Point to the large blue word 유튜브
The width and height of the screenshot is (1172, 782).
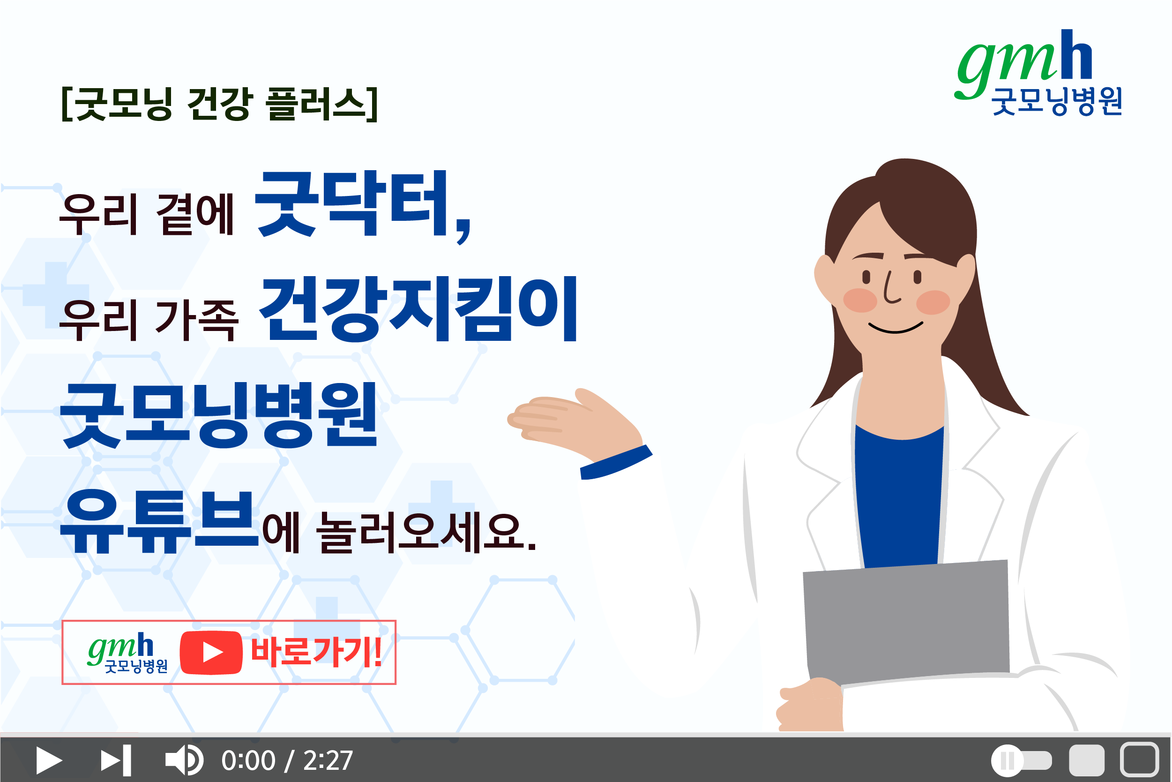(159, 522)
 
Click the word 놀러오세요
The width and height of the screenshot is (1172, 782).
(421, 533)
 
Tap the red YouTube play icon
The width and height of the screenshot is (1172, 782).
(211, 652)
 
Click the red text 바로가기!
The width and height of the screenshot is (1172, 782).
(316, 652)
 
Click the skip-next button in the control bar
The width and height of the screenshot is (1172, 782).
(116, 760)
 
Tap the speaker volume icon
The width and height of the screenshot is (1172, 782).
(184, 760)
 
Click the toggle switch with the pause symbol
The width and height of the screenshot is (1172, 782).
(1022, 760)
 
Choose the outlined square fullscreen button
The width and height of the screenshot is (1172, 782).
(1139, 760)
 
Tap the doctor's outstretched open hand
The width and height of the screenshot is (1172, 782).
(573, 421)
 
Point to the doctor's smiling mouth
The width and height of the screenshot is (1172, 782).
(896, 328)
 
